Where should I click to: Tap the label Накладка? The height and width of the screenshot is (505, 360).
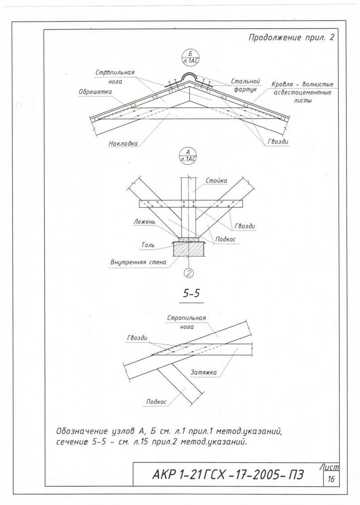point(123,144)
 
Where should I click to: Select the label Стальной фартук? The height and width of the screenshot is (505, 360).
point(246,85)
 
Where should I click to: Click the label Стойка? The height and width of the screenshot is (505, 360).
point(216,181)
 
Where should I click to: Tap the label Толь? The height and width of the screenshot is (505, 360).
point(148,245)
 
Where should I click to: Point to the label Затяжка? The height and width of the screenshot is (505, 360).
point(204,372)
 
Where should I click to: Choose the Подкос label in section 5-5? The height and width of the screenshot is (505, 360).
point(156,402)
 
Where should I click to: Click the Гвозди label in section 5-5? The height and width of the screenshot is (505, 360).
point(137,338)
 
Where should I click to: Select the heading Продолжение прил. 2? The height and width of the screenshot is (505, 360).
point(291,38)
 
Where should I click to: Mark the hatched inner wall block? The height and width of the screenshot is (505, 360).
point(188,249)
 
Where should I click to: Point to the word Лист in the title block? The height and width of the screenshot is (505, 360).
point(330,467)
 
